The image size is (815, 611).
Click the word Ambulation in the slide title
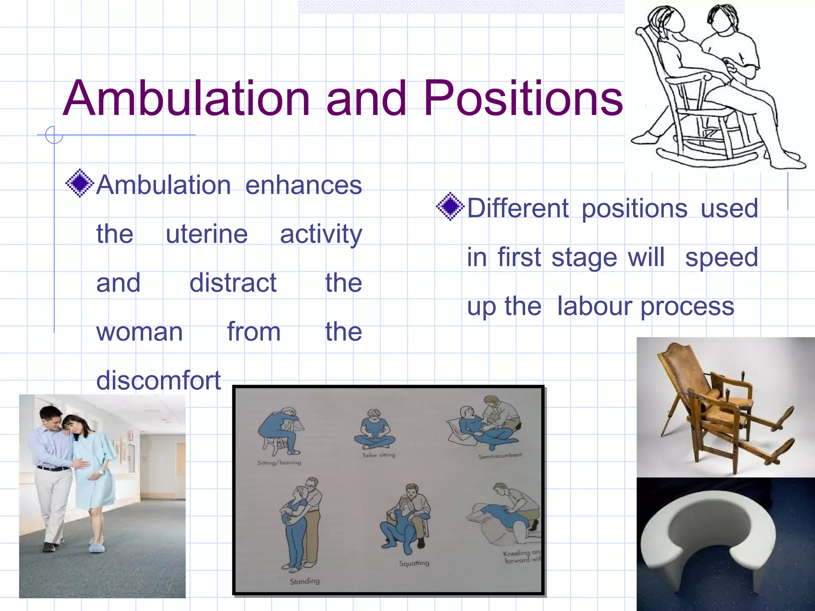186,99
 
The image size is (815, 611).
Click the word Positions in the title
523,99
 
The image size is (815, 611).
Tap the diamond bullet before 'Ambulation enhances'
80,183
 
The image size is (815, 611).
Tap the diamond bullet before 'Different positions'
450,206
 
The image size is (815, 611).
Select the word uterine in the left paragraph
207,234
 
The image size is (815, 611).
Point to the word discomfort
158,380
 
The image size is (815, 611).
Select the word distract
233,283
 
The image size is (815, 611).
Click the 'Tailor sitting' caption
378,455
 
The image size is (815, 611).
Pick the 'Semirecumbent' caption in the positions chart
500,456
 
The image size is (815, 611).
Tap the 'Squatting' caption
414,563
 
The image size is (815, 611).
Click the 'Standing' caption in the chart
304,581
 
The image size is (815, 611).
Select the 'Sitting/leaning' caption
279,463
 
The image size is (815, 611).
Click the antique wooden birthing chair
712,406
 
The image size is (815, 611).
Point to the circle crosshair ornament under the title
54,135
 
